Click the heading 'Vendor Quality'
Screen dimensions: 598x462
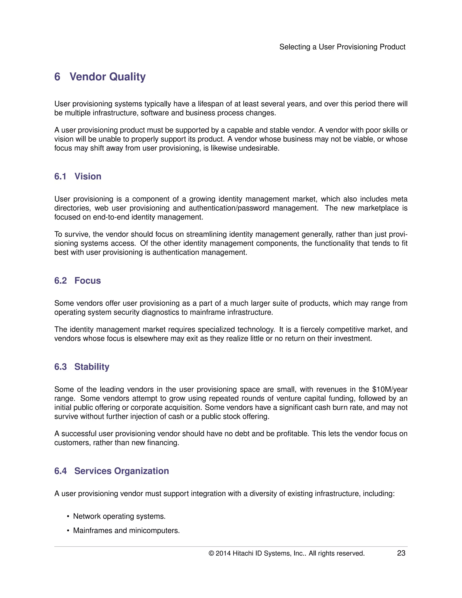(108, 77)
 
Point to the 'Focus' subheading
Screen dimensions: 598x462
(88, 281)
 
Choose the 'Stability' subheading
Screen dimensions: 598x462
(92, 367)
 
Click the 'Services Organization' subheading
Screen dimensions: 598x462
(122, 471)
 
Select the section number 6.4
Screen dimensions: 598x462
(60, 471)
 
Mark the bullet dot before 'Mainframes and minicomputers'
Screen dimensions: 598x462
(68, 531)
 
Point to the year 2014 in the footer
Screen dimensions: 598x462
(223, 553)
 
